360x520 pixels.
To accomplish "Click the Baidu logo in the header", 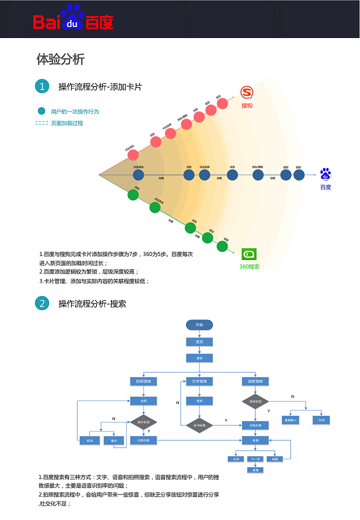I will pyautogui.click(x=73, y=19).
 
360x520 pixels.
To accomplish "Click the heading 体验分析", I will pyautogui.click(x=60, y=59).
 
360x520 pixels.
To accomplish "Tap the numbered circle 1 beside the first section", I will pyautogui.click(x=42, y=86).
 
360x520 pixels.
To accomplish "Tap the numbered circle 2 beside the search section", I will pyautogui.click(x=42, y=303).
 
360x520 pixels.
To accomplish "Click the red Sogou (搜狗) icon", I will pyautogui.click(x=247, y=92).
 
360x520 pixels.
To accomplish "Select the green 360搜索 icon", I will pyautogui.click(x=249, y=254).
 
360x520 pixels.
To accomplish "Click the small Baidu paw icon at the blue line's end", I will pyautogui.click(x=325, y=174).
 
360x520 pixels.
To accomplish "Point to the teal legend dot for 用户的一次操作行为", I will pyautogui.click(x=41, y=111).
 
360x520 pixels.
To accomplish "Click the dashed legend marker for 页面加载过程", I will pyautogui.click(x=41, y=123).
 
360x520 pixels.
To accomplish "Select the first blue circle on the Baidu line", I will pyautogui.click(x=138, y=175).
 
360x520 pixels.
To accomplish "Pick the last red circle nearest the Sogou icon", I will pyautogui.click(x=222, y=103).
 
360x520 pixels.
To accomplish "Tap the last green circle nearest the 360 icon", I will pyautogui.click(x=222, y=246).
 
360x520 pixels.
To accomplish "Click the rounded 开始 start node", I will pyautogui.click(x=199, y=325).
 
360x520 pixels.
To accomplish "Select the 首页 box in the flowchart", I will pyautogui.click(x=199, y=342).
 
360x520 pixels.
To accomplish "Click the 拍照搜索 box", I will pyautogui.click(x=143, y=381).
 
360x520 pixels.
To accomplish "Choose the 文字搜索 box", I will pyautogui.click(x=199, y=381).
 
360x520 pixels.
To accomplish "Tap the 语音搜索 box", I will pyautogui.click(x=255, y=381).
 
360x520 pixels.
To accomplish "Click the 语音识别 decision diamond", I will pyautogui.click(x=255, y=401).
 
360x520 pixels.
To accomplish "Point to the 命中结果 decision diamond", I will pyautogui.click(x=199, y=425).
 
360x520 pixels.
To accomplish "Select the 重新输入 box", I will pyautogui.click(x=290, y=420).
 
